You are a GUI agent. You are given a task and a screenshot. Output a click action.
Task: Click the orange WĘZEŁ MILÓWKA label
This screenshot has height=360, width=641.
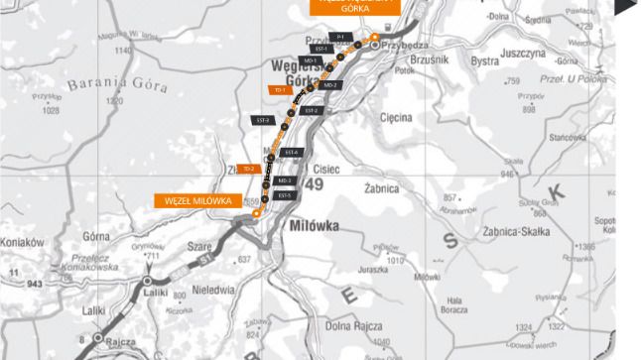click(x=199, y=200)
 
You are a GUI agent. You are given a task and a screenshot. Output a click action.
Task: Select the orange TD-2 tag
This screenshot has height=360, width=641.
click(x=247, y=168)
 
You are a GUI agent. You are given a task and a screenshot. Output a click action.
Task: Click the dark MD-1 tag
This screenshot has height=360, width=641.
click(x=311, y=60)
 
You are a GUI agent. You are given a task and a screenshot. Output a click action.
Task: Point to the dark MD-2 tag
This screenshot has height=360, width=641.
click(x=329, y=85)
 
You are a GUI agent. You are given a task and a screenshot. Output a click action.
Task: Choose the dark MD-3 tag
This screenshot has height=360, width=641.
click(x=285, y=180)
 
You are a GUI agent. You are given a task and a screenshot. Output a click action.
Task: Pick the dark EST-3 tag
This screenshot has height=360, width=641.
click(x=262, y=120)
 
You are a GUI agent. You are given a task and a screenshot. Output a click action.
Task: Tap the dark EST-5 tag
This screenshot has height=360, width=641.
click(x=285, y=195)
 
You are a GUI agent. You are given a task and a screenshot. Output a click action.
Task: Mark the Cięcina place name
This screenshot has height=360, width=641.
click(x=396, y=117)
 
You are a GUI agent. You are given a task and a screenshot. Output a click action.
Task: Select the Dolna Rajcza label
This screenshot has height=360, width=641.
click(x=355, y=323)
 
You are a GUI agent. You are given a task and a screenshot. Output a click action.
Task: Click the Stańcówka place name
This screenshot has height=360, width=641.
click(x=569, y=135)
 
